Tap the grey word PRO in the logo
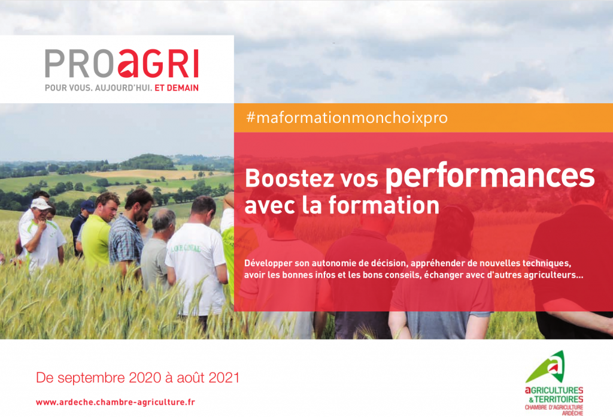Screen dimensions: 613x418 click(80, 63)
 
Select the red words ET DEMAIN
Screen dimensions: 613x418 click(177, 88)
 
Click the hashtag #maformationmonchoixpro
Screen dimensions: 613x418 click(347, 118)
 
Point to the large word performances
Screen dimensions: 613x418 click(490, 178)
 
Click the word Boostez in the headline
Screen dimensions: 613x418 click(290, 178)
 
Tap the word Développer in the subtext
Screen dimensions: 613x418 click(268, 263)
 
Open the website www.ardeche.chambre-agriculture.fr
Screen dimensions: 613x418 click(116, 402)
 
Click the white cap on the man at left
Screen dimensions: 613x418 click(40, 204)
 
